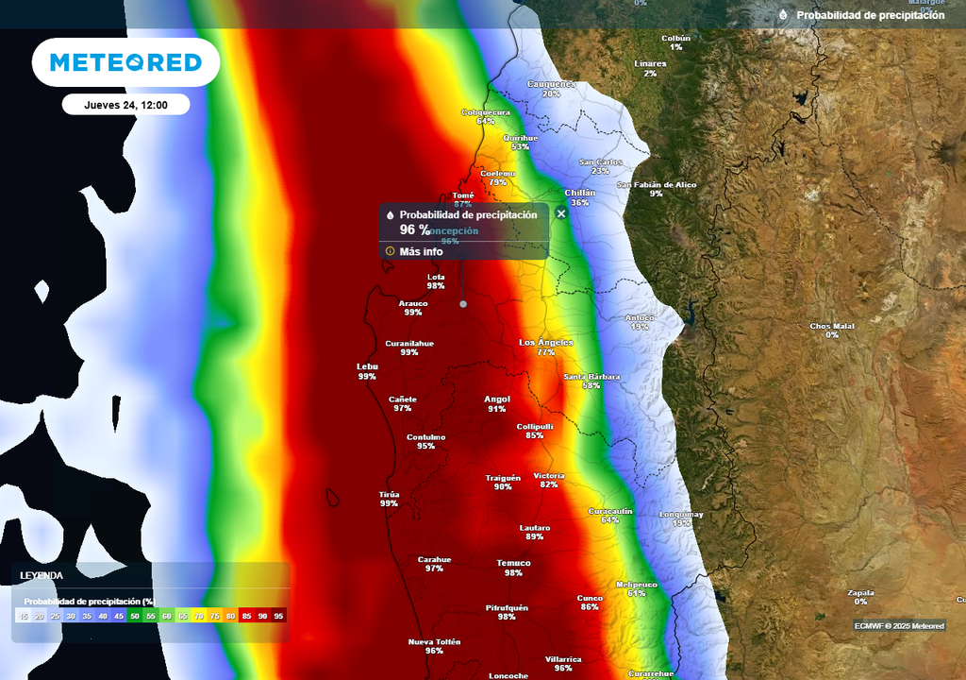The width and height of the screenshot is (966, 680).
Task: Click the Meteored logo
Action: (x=125, y=62)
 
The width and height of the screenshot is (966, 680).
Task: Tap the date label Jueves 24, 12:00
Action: (x=125, y=105)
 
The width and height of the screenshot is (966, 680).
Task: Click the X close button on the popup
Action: (x=561, y=213)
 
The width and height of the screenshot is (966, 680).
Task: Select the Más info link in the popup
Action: (x=421, y=251)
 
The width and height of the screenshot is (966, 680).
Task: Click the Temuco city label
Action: (x=513, y=564)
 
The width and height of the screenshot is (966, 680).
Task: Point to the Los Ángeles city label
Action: (x=546, y=342)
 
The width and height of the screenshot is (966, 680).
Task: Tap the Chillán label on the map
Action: (x=579, y=193)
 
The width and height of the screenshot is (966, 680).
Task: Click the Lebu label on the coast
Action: (x=367, y=366)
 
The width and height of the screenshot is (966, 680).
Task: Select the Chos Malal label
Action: (x=832, y=327)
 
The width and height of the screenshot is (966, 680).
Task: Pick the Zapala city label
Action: (x=860, y=592)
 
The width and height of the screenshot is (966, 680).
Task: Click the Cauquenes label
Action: (x=551, y=84)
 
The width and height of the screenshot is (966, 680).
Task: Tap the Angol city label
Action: (x=497, y=399)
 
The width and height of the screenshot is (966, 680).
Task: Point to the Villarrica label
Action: (x=563, y=659)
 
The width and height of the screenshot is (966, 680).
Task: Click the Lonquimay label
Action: (x=681, y=515)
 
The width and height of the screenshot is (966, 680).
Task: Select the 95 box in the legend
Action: (x=278, y=616)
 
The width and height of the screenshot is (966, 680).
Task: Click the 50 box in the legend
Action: (x=135, y=616)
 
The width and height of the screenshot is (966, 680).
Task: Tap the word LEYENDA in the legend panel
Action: (x=42, y=575)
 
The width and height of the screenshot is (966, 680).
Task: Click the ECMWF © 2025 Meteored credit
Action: (x=899, y=625)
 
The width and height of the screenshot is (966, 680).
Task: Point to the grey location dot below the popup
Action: (x=463, y=304)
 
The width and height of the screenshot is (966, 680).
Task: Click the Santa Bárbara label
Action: (x=591, y=377)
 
